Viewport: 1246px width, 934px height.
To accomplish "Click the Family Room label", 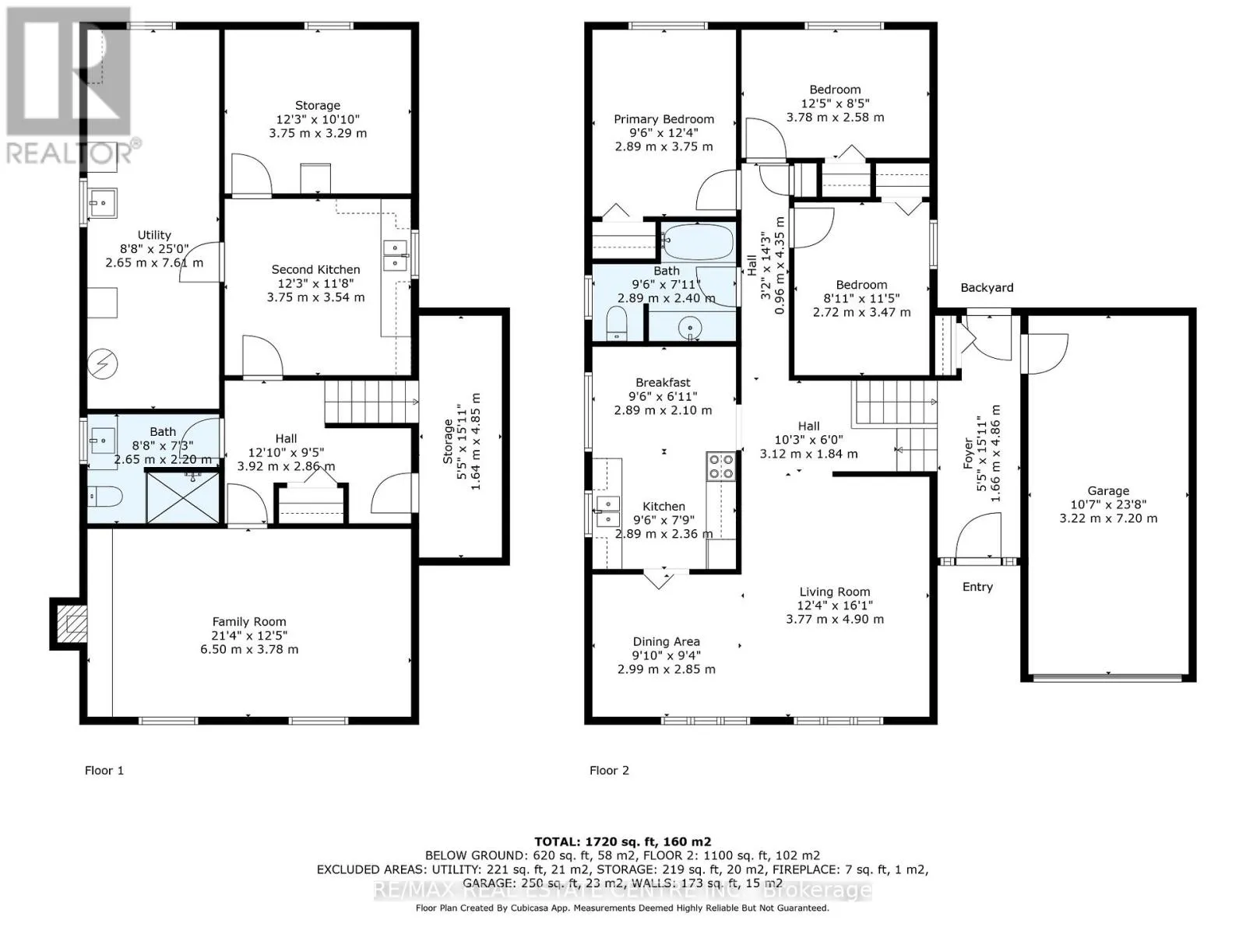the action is (249, 622).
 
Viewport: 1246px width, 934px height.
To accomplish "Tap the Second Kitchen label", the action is (315, 269).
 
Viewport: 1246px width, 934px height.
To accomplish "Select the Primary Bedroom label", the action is (663, 119).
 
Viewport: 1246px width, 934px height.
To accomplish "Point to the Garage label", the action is (1108, 491).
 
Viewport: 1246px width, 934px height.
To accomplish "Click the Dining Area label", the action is (667, 641).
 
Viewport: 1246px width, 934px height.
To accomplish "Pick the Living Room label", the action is (835, 592).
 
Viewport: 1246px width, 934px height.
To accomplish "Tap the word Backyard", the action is (987, 287).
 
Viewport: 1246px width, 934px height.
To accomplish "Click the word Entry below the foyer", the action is (977, 587).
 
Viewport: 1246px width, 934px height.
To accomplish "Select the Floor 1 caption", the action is (104, 770).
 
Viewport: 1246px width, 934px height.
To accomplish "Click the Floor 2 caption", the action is (609, 770).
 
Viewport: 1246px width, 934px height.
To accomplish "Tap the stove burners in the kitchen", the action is (720, 466).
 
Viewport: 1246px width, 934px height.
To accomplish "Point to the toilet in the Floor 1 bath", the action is (106, 497).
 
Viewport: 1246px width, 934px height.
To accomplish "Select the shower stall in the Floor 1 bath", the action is (183, 497).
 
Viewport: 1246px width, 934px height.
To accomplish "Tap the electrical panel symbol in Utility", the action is (103, 363).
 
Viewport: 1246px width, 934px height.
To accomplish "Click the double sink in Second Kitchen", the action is (396, 256).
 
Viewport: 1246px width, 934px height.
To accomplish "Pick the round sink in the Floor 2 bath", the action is (691, 328).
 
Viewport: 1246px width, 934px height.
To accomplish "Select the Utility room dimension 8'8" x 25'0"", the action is (154, 249).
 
